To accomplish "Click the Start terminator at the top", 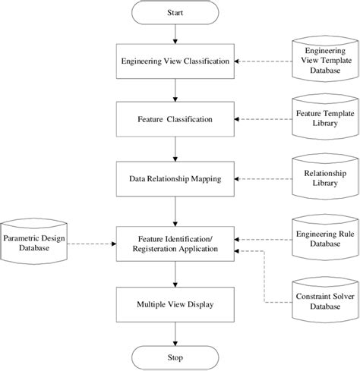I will (x=176, y=14).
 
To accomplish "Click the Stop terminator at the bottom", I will (x=176, y=356).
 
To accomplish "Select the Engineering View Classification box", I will (x=176, y=61).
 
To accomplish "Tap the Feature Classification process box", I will (x=176, y=120).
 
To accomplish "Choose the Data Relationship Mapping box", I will (x=176, y=179).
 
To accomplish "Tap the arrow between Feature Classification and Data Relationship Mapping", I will (x=176, y=149).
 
